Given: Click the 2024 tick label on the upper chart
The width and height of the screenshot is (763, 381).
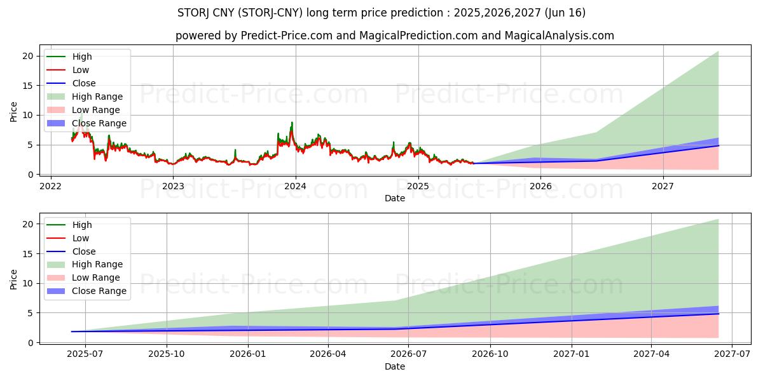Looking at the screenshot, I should coord(296,186).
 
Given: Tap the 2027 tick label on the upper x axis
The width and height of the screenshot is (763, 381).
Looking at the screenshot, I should coord(663,186).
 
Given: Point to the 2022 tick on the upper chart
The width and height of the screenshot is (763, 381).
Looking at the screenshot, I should coord(51,186).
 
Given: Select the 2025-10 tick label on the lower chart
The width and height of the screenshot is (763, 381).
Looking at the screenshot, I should coord(167,354).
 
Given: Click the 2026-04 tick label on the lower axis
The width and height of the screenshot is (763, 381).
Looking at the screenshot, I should coord(328,354).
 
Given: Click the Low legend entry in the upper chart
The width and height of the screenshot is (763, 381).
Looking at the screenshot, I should coord(81,70).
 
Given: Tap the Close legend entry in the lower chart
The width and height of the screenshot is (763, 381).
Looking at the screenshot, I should coord(84,251).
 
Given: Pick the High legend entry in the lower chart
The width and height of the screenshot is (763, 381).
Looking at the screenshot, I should coord(82,225).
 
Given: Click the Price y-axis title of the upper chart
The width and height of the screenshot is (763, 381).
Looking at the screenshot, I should coord(14,110).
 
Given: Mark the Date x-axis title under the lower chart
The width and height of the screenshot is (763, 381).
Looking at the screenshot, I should coord(395,366).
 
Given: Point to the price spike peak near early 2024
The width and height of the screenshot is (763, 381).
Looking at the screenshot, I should coord(292,123).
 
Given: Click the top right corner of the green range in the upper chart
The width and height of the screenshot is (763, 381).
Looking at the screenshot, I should coord(718,51).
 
